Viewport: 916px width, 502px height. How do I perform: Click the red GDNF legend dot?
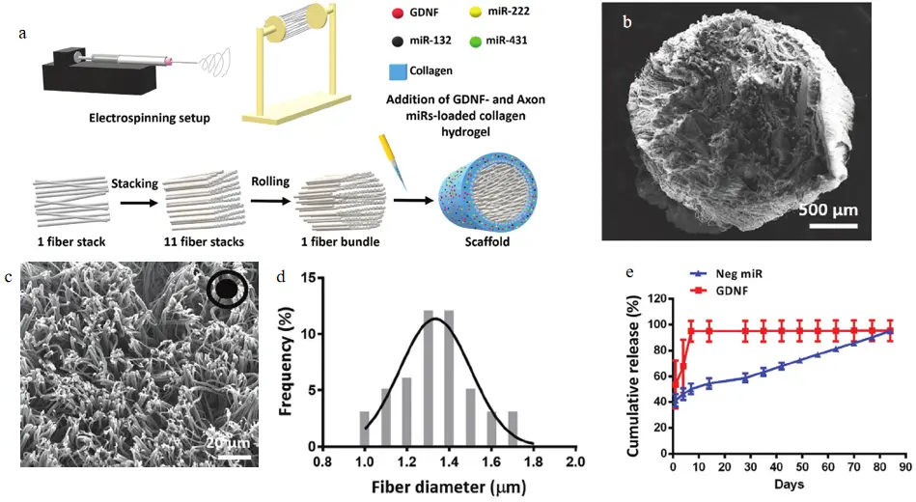point(397,12)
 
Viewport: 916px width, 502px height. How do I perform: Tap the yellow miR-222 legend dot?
point(475,12)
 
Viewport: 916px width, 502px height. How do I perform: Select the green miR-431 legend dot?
point(475,42)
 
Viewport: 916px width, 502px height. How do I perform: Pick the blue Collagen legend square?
point(398,71)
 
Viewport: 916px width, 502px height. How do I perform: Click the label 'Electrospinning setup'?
point(149,118)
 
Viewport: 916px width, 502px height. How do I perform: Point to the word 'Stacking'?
point(134,183)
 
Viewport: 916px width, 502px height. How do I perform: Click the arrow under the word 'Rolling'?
point(270,201)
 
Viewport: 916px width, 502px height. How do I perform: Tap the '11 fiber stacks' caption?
point(204,241)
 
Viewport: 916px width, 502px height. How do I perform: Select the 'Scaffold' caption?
point(487,241)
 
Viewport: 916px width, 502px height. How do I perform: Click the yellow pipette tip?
point(394,162)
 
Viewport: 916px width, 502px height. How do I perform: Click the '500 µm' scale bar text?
point(828,209)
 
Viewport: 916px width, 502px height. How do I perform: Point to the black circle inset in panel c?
point(227,289)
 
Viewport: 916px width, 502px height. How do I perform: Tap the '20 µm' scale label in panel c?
point(229,443)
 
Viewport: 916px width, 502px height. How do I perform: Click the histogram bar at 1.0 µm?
point(365,429)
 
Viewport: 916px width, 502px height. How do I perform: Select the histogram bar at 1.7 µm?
point(513,429)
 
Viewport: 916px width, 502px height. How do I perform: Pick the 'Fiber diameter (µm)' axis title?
point(449,487)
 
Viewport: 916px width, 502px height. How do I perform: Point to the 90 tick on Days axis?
point(905,467)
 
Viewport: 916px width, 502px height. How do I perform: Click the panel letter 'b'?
point(627,23)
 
